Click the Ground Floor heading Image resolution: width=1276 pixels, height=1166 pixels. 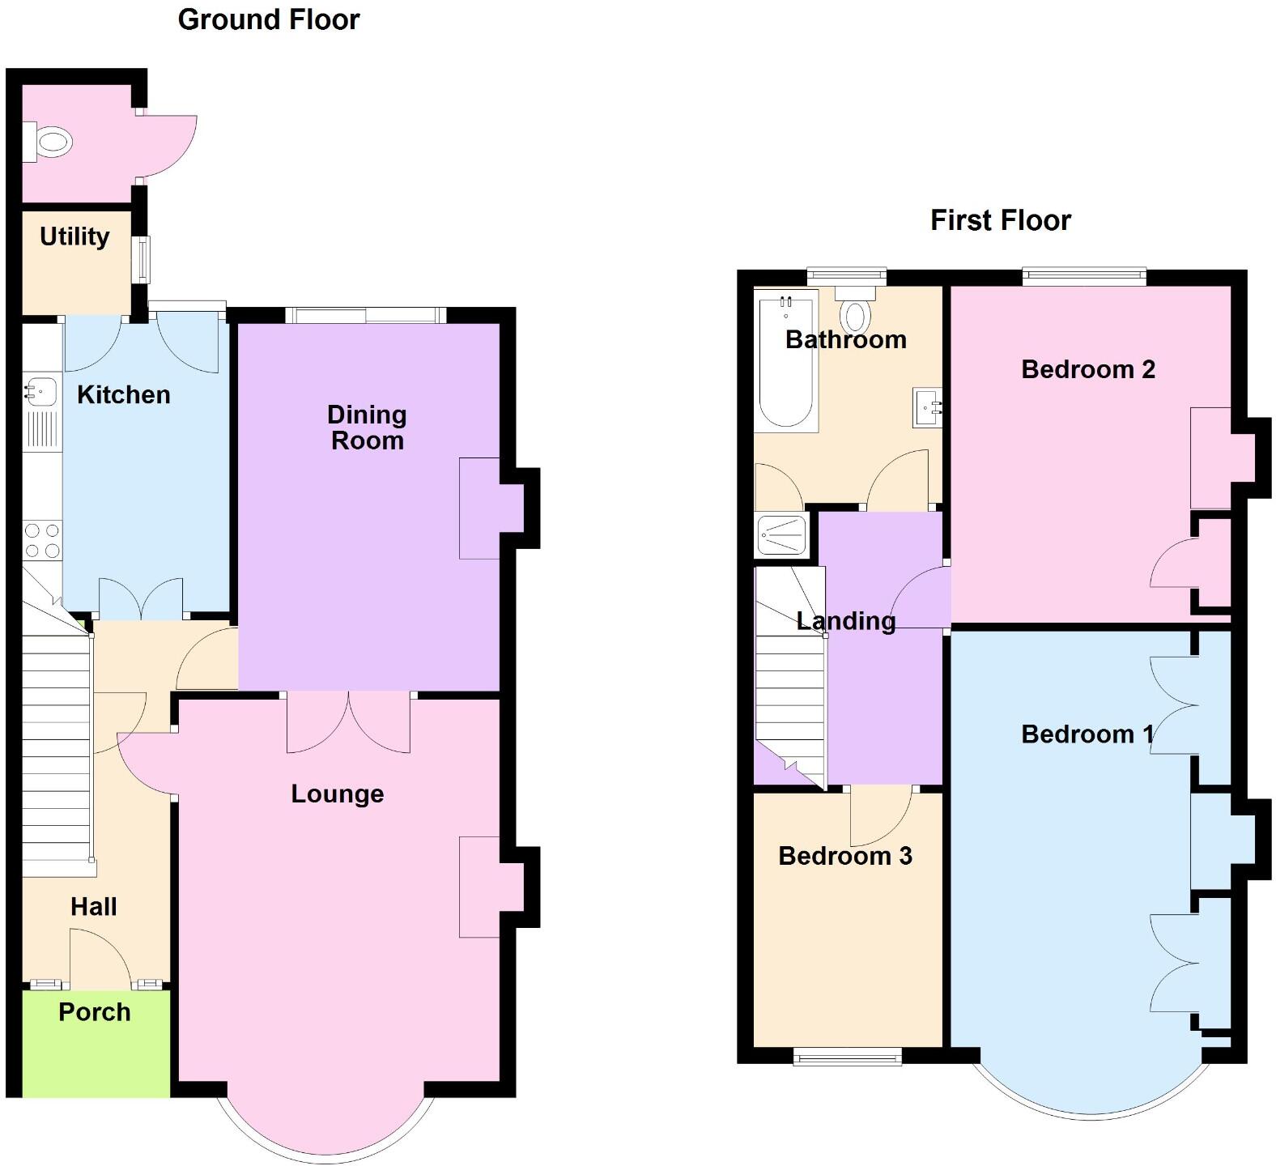pos(268,19)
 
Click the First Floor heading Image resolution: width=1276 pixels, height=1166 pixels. pos(1000,220)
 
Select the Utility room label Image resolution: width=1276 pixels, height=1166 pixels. pos(74,236)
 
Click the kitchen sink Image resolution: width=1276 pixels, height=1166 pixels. pos(40,392)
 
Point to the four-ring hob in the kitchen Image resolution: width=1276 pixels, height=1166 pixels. pos(42,540)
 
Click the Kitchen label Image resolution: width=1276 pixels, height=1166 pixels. pos(123,394)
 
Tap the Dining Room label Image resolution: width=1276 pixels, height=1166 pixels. pos(367,428)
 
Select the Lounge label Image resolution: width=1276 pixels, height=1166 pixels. pos(337,794)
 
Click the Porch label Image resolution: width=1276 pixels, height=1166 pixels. pos(94,1012)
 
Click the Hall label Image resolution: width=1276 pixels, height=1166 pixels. pos(93,907)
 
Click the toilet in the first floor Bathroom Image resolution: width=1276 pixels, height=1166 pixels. pos(856,311)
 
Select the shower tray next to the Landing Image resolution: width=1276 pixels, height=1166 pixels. pos(781,535)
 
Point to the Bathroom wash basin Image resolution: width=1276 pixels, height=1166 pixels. pos(927,406)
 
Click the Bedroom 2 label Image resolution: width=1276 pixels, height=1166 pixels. pos(1087,369)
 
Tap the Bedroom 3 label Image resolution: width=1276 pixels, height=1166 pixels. pos(844,856)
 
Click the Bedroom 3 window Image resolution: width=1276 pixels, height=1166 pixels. pos(847,1056)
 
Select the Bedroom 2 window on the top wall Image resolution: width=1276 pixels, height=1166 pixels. pos(1084,277)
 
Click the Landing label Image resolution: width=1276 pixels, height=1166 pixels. pos(845,621)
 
